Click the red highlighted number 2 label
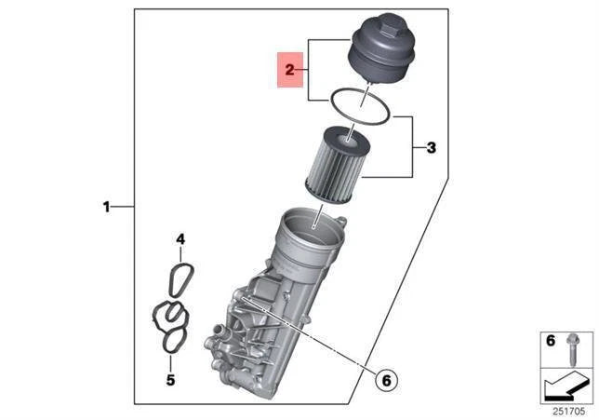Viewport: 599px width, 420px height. point(290,70)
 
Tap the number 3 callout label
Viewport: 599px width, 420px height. point(431,147)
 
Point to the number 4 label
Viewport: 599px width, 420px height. point(180,239)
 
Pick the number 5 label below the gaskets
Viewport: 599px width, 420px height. point(170,379)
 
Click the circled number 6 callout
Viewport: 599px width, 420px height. point(384,379)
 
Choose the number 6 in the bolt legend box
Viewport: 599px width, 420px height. point(550,342)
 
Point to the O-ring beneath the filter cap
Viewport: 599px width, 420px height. point(353,105)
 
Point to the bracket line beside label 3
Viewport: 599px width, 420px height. point(412,146)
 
